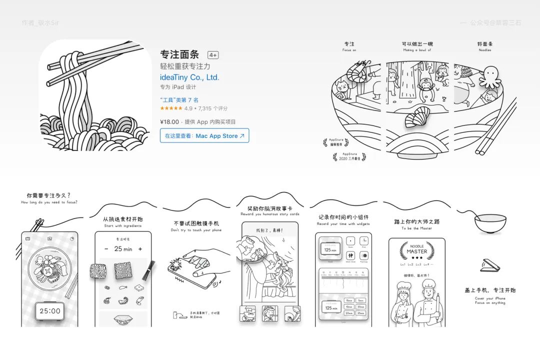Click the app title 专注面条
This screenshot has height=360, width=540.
(179, 54)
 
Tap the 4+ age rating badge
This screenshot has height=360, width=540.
(213, 55)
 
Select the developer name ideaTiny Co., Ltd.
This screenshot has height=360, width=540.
(189, 77)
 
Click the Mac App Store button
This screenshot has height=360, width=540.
(204, 135)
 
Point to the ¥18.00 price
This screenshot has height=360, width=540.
(169, 121)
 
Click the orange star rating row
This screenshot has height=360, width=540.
(171, 108)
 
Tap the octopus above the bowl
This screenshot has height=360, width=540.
(489, 75)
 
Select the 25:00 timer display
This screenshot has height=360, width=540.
(49, 311)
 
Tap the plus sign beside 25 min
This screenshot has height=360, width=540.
(140, 249)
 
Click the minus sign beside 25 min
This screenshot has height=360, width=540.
(106, 249)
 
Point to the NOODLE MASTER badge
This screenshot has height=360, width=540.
(417, 249)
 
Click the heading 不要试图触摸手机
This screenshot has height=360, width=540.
(195, 223)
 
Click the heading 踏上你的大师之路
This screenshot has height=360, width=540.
(416, 221)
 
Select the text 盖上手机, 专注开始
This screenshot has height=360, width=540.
(490, 290)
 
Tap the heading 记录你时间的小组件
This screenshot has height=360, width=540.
(343, 217)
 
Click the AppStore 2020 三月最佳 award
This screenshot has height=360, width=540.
(349, 156)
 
